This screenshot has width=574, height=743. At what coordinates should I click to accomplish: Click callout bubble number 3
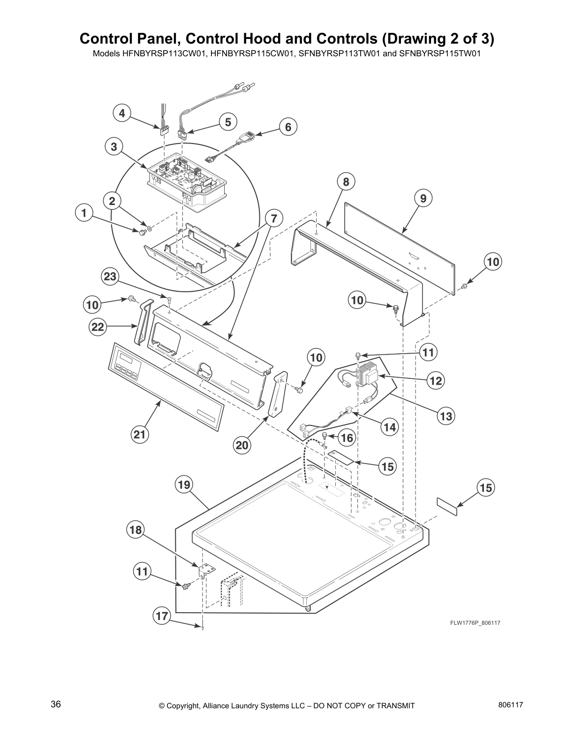pos(114,147)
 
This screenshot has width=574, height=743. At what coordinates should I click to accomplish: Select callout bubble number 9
pos(423,198)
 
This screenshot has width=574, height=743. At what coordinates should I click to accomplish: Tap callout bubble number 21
pos(140,434)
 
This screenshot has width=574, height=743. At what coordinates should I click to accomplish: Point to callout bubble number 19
pos(184,484)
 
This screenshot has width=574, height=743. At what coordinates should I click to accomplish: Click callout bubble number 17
pos(162,616)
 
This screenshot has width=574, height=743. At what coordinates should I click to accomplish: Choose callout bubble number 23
pos(110,277)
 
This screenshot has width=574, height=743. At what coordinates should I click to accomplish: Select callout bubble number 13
pos(446,416)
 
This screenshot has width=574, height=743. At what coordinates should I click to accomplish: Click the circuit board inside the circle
pos(188,178)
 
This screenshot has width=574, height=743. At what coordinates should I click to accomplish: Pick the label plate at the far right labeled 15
pos(447,507)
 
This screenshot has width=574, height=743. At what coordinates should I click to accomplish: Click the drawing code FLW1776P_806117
pos(472,623)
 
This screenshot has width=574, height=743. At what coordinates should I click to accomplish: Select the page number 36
pos(56,704)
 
